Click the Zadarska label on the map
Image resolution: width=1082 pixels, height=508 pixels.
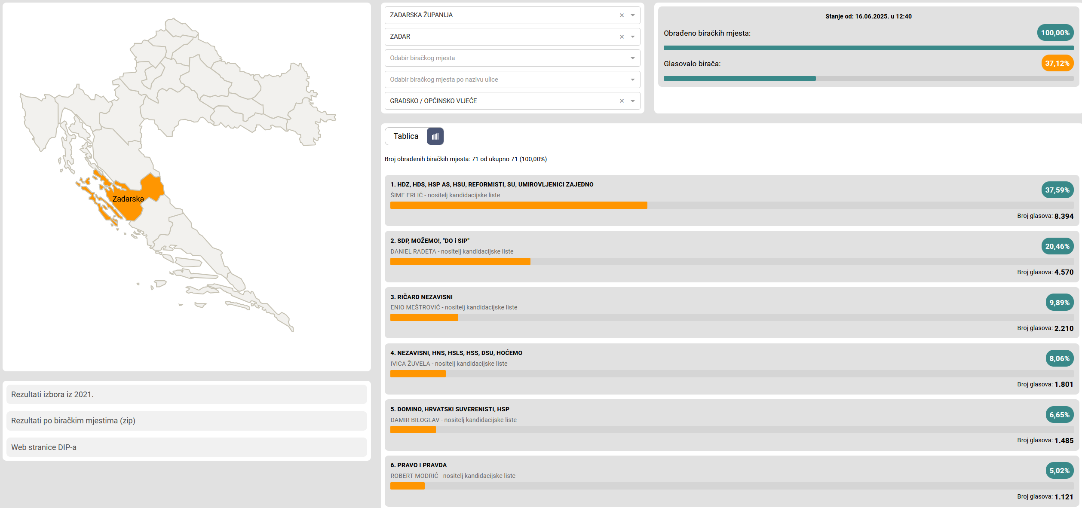coord(128,199)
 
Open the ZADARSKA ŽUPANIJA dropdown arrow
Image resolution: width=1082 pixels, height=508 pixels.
coord(633,15)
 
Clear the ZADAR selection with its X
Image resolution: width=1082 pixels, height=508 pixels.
coord(622,37)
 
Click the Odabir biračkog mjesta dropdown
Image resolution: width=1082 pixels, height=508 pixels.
coord(512,58)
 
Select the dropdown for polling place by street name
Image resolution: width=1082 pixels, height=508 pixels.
coord(512,80)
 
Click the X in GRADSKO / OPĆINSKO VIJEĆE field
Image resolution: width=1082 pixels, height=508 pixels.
coord(622,101)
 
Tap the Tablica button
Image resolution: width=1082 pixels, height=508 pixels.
coord(406,136)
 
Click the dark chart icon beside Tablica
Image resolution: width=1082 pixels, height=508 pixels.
coord(435,136)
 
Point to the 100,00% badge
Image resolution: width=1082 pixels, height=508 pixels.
coord(1055,33)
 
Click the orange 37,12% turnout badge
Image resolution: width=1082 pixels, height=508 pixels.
coord(1057,63)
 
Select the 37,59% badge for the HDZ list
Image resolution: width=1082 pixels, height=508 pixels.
coord(1057,190)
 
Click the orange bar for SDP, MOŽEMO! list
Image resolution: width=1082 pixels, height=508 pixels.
coord(460,262)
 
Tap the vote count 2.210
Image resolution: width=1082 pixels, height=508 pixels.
coord(1064,328)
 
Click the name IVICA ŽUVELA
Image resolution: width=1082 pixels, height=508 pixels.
coord(410,364)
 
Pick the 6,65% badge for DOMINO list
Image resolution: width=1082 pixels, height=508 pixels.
coord(1060,415)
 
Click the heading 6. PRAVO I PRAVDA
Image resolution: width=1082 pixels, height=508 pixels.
coord(419,465)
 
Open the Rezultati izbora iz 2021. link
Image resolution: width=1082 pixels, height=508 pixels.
coord(52,395)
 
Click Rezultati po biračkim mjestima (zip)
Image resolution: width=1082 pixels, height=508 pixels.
coord(73,421)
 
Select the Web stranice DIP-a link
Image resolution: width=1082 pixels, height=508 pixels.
coord(44,447)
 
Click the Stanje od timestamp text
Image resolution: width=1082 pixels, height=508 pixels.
coord(868,16)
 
